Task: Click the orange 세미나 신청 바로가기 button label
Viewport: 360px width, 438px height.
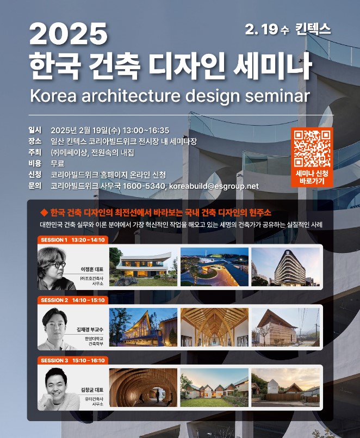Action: (312, 177)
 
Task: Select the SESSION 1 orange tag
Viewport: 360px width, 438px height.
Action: (72, 240)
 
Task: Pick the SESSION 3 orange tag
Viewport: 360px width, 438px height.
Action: (72, 360)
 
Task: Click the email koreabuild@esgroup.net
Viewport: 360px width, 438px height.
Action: (214, 186)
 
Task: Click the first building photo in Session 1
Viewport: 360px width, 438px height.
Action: (143, 266)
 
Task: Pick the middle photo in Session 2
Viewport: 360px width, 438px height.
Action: (214, 326)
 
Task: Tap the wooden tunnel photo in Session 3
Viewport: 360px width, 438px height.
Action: (143, 387)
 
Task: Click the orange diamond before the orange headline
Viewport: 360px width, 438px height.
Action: (44, 212)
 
